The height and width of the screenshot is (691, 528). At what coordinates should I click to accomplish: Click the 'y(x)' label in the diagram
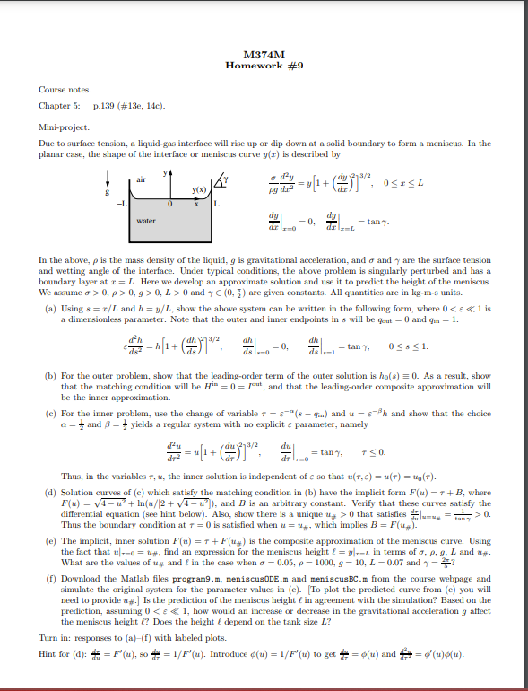[x=195, y=188]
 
